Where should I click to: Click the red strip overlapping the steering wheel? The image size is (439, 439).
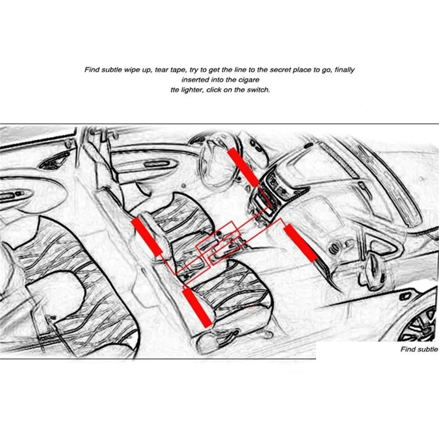243,167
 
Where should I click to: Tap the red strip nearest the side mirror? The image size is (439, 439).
300,242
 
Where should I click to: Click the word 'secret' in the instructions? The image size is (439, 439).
280,69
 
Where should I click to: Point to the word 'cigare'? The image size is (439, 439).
249,80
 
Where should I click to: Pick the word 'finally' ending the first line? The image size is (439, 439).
345,70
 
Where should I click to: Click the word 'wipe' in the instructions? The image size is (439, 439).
133,70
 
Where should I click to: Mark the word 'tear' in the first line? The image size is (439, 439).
161,70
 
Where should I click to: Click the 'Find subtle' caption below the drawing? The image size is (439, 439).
419,349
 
